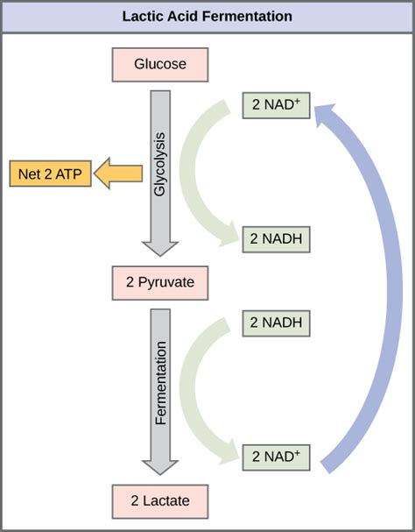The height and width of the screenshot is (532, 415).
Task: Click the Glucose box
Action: [160, 65]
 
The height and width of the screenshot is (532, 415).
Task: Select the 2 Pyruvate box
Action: [159, 282]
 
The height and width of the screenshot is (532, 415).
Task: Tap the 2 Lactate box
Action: [160, 501]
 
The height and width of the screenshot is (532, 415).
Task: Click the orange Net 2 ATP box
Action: [50, 174]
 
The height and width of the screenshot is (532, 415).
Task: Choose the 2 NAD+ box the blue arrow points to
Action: [277, 105]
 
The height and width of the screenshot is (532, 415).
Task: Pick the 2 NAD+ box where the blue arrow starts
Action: [277, 456]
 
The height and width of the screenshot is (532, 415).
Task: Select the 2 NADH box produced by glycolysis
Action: [277, 237]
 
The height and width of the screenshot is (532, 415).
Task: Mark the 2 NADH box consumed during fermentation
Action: [277, 323]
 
